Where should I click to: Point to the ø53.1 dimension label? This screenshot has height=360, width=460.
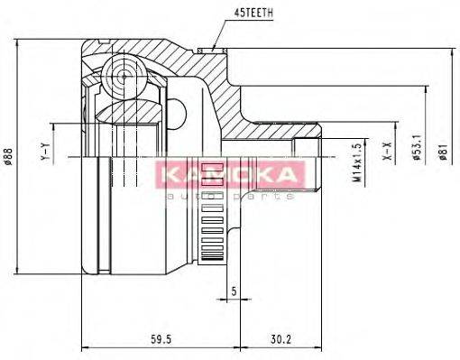pyautogui.click(x=417, y=154)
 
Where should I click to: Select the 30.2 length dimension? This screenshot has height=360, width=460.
pyautogui.click(x=281, y=340)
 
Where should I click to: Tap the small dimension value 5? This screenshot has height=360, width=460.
pyautogui.click(x=233, y=292)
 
